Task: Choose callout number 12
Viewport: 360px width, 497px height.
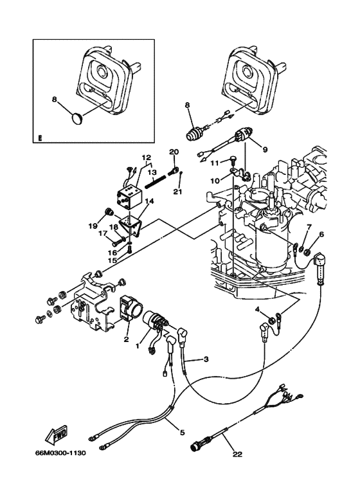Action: coord(146,157)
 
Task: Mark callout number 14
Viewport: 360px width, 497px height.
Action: coord(148,201)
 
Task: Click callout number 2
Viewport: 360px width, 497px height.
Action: coord(127,339)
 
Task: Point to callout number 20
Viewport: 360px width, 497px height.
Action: coord(172,152)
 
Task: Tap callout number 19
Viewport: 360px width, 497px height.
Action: coord(93,226)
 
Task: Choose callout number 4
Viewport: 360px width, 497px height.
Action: coord(259,310)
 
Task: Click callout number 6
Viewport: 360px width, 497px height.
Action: coord(321,235)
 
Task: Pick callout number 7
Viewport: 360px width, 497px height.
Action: coord(309,228)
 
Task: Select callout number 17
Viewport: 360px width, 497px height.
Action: coord(102,234)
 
